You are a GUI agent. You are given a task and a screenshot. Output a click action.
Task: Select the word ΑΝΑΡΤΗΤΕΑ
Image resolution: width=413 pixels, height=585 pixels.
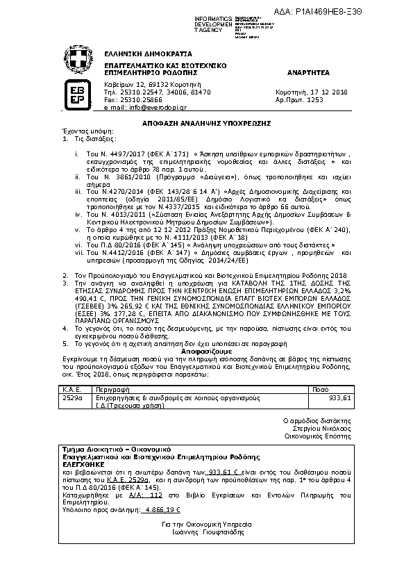coord(306,72)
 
